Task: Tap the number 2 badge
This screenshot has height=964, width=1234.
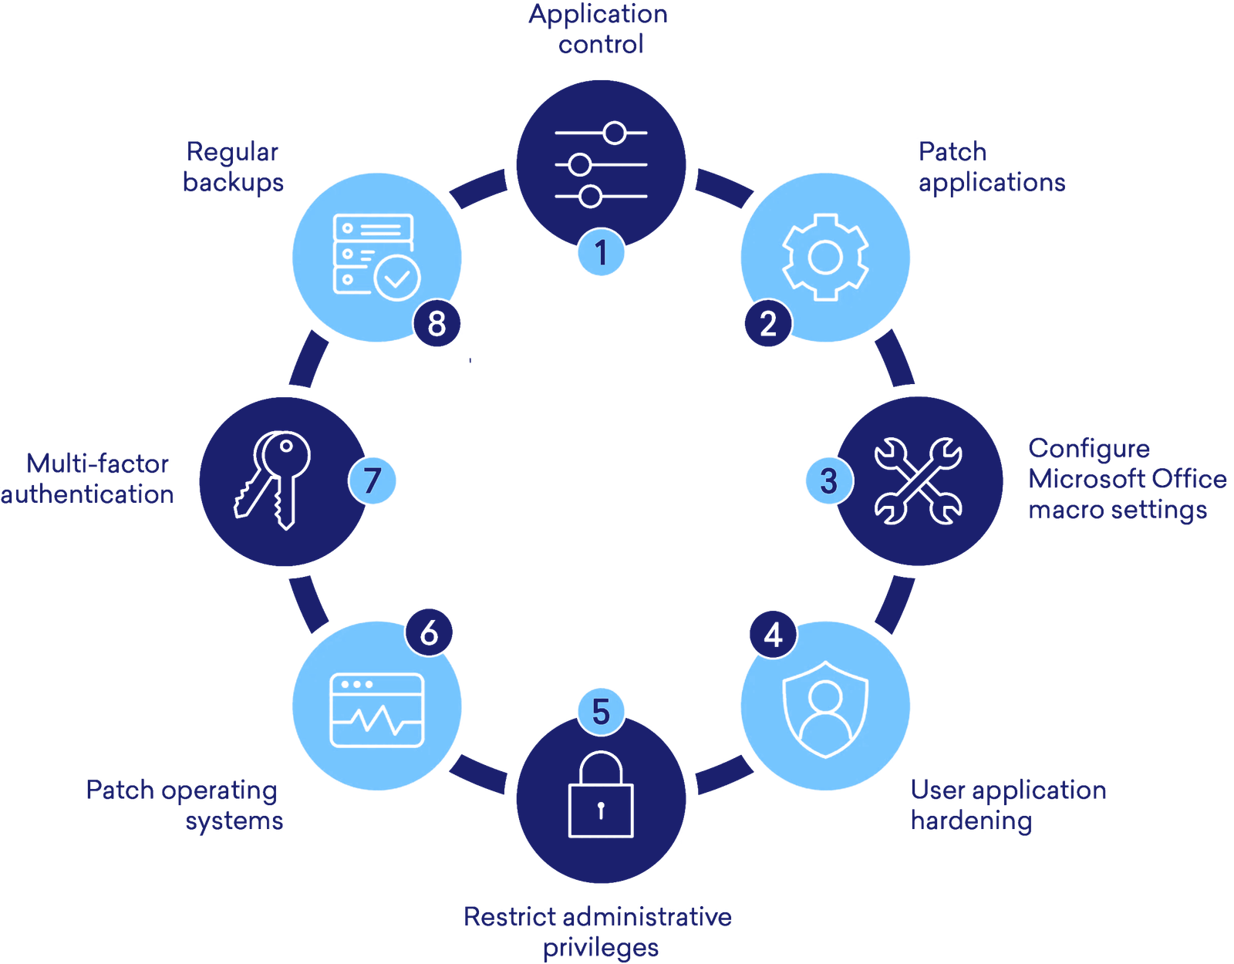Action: [x=768, y=323]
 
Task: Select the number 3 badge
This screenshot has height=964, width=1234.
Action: [x=828, y=480]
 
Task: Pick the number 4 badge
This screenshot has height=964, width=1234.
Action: [x=773, y=635]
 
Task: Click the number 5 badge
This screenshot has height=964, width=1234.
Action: [x=601, y=711]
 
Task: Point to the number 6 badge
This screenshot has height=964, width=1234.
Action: [x=429, y=633]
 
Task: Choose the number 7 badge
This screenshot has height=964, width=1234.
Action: [x=373, y=480]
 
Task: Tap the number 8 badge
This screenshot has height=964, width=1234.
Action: [x=437, y=323]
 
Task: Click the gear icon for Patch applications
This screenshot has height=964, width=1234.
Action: [x=824, y=257]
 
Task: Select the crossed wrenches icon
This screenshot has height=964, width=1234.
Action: [x=918, y=481]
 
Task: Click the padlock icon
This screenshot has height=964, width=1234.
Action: [x=601, y=794]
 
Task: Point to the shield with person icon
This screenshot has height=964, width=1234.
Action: [x=824, y=708]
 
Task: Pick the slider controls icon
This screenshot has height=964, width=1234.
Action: [x=601, y=163]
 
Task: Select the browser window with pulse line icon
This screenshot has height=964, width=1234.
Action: [x=377, y=710]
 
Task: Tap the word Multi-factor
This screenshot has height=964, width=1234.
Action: [x=98, y=464]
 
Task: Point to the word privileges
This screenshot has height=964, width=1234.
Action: [x=601, y=947]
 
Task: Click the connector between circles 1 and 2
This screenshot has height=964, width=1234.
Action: [x=723, y=189]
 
